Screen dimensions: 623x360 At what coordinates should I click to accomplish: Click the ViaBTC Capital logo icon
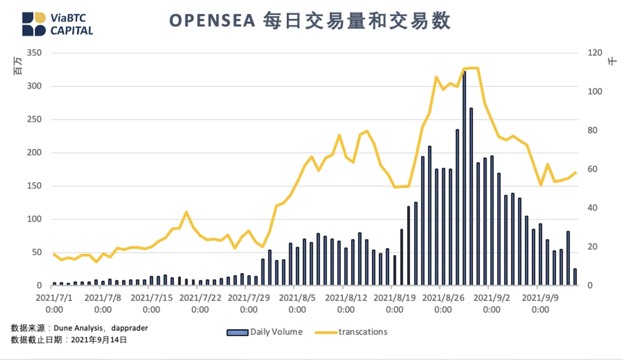[34, 24]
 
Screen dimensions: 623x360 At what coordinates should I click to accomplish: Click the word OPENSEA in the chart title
[212, 21]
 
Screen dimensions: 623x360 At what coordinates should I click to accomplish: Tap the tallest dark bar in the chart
[464, 178]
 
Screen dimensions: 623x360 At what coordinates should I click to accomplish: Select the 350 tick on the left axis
[34, 53]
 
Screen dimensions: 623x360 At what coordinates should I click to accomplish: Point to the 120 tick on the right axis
[595, 53]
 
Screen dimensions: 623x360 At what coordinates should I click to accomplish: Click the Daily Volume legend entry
[264, 332]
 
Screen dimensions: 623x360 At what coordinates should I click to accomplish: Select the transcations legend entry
[351, 332]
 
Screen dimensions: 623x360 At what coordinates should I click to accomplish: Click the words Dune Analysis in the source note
[78, 328]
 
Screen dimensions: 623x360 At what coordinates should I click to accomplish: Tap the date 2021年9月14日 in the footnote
[99, 340]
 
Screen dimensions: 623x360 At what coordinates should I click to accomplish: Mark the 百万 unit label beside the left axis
[17, 66]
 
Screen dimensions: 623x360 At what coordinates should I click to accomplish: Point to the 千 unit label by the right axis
[612, 61]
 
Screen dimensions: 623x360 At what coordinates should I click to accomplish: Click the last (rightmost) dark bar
[575, 277]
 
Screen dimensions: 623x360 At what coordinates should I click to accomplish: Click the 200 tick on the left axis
[34, 152]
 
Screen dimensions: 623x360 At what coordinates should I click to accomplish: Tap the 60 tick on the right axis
[592, 169]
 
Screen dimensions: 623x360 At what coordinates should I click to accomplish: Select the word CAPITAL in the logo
[72, 31]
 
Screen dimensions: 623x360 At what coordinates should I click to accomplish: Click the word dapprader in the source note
[129, 328]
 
